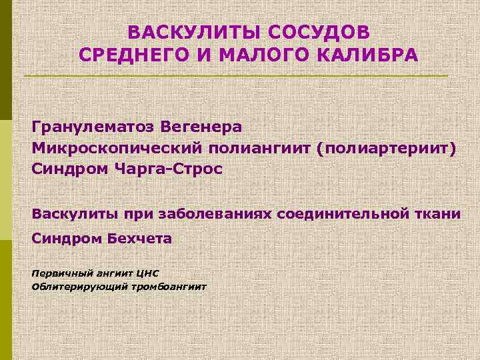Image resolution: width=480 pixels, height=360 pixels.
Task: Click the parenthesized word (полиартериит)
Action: click(x=388, y=147)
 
